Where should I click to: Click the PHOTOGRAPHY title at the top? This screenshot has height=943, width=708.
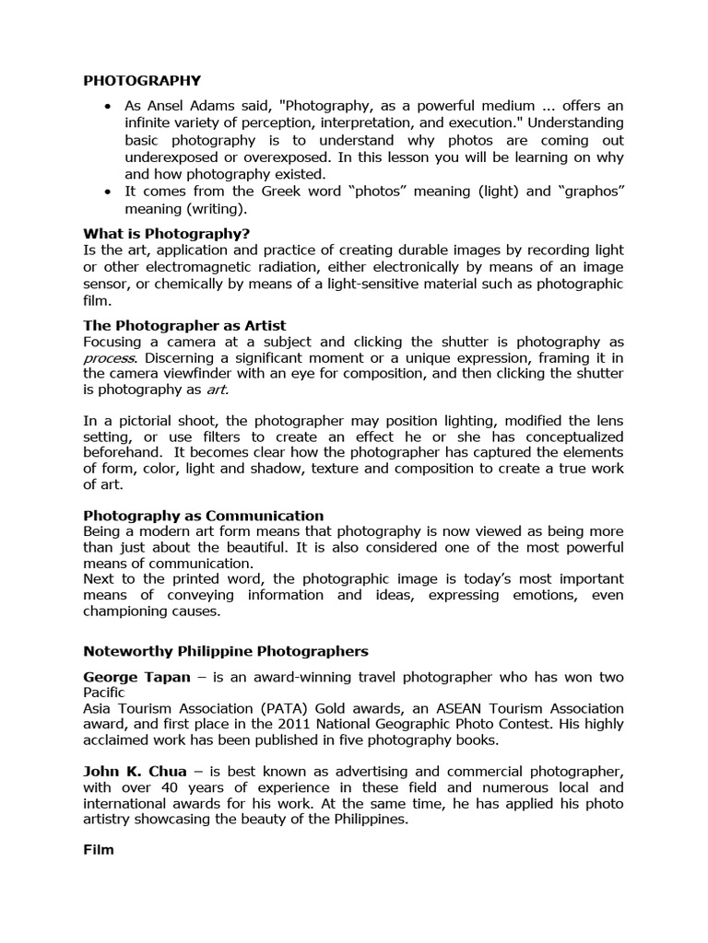[x=142, y=80]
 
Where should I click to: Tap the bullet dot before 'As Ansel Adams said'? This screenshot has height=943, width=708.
[x=109, y=107]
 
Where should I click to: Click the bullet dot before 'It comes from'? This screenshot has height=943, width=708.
[x=109, y=191]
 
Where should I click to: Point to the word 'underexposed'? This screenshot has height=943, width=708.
[x=169, y=157]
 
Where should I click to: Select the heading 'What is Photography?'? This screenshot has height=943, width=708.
[x=167, y=233]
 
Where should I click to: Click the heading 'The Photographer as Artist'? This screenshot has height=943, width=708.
[x=184, y=326]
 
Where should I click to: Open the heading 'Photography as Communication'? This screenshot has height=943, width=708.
[x=203, y=516]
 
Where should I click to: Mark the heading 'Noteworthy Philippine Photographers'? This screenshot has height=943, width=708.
[x=226, y=651]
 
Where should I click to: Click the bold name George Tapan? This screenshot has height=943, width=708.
[x=137, y=677]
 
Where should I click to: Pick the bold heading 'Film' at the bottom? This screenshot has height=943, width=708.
[x=99, y=849]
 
